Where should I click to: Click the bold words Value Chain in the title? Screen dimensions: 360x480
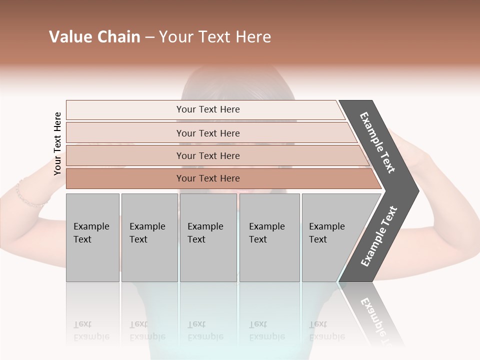94,37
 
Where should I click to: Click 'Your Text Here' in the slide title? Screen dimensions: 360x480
215,37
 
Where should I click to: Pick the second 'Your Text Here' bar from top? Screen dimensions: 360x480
208,133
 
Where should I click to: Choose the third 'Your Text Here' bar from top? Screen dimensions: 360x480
208,155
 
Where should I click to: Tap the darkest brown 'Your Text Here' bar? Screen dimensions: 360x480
208,178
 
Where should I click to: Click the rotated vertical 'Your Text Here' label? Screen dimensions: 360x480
57,143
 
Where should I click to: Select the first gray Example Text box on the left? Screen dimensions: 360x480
92,237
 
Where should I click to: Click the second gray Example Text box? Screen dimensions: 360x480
149,237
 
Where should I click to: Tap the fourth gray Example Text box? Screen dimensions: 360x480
269,237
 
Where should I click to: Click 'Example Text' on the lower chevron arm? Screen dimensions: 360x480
379,236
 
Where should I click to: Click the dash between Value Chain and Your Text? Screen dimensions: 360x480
149,37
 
